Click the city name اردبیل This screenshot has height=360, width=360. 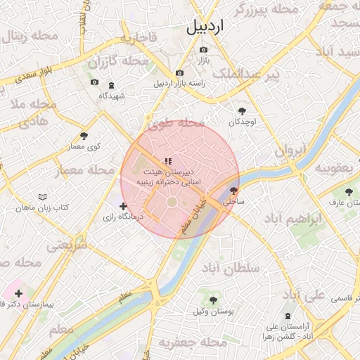205,27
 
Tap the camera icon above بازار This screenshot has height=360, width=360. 204,50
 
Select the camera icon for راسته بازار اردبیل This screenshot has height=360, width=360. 179,73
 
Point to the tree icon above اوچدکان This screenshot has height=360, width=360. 243,111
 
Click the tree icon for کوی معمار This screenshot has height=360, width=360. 84,136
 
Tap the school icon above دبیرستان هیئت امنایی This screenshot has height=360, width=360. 168,161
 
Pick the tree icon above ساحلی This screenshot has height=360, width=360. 233,191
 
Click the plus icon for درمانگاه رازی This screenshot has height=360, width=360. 124,207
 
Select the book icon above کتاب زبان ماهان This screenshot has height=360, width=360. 43,198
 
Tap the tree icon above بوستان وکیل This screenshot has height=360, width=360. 213,300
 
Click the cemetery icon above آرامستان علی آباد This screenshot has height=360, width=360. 287,316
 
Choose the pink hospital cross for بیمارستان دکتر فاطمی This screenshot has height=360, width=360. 18,293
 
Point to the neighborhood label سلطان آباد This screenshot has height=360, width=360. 231,269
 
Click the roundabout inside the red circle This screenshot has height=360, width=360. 172,203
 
